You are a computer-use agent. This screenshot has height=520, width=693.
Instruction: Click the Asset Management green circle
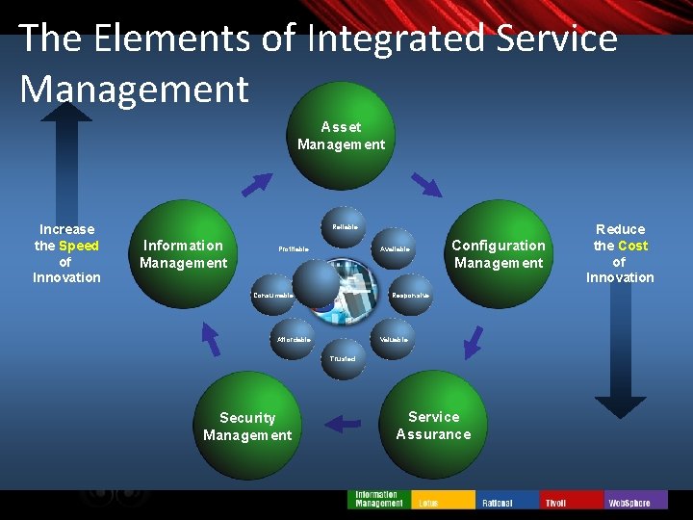click(341, 137)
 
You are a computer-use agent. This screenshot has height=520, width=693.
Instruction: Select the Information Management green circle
click(183, 254)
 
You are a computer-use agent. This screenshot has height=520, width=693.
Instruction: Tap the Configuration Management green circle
click(499, 254)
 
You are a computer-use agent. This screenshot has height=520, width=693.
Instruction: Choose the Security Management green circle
click(247, 427)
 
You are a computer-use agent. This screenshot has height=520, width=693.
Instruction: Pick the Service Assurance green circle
click(433, 426)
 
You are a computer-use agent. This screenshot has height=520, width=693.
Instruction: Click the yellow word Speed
click(79, 246)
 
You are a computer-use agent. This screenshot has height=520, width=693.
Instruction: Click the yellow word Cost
click(633, 246)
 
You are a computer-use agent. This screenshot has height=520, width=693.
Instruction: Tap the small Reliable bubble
click(345, 227)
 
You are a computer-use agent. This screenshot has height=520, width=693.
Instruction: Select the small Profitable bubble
click(294, 249)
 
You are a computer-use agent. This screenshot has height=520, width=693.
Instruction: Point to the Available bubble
click(395, 249)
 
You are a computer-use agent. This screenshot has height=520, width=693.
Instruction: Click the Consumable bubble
click(272, 295)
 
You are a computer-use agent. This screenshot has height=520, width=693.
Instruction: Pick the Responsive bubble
click(411, 295)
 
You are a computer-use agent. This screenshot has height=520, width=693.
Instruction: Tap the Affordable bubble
click(294, 340)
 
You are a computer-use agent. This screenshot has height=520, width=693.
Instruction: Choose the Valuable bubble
click(394, 340)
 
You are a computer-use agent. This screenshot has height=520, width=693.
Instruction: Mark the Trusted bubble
click(343, 358)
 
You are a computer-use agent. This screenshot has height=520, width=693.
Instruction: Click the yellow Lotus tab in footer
click(442, 501)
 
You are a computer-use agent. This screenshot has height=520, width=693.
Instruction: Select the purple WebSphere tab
click(629, 501)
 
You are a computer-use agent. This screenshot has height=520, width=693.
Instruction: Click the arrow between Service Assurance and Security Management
click(343, 422)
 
